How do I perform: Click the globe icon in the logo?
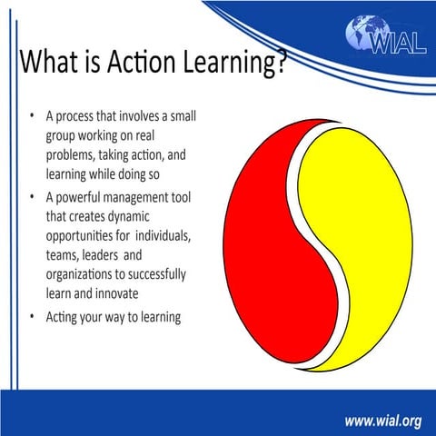(363, 34)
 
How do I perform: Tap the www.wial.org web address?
(382, 421)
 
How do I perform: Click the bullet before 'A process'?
(33, 117)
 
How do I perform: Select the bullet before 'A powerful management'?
(33, 198)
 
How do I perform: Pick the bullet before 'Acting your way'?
(33, 317)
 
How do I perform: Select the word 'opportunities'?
(83, 237)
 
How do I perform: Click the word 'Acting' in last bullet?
(64, 318)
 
